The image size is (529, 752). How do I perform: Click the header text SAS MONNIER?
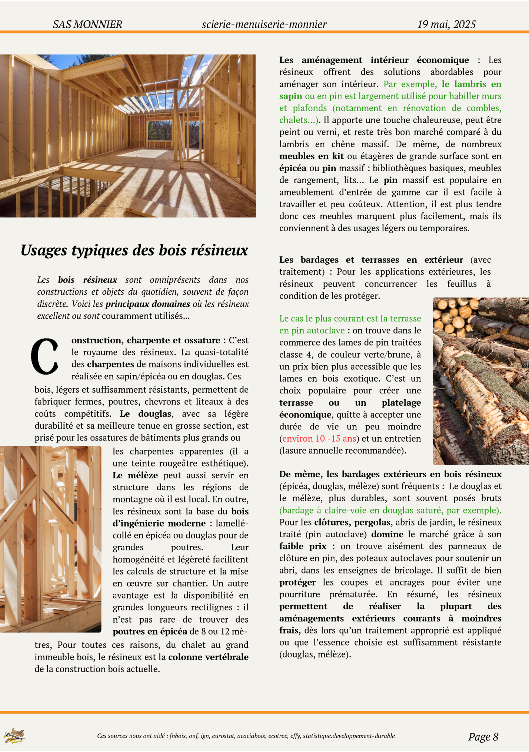(87, 24)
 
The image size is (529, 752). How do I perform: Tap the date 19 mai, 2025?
(446, 24)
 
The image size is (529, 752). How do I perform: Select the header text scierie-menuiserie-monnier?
(264, 24)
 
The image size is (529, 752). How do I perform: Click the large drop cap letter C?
(45, 356)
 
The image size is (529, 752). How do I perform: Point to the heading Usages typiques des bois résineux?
(134, 250)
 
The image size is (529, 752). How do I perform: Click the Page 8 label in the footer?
(483, 736)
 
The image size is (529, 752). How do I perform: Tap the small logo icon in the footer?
(14, 735)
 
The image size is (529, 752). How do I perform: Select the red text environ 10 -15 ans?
(319, 439)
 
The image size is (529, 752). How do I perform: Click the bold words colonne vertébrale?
(208, 657)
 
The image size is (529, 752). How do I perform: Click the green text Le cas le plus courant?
(319, 319)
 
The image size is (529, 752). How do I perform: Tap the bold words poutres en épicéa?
(150, 632)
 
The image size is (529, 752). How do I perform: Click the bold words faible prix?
(303, 547)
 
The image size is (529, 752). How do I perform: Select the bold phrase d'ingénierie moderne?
(159, 524)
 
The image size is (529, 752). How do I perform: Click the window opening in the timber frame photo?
(160, 131)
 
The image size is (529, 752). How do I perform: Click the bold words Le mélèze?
(135, 475)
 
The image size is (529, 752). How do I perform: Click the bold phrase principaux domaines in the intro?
(147, 304)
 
